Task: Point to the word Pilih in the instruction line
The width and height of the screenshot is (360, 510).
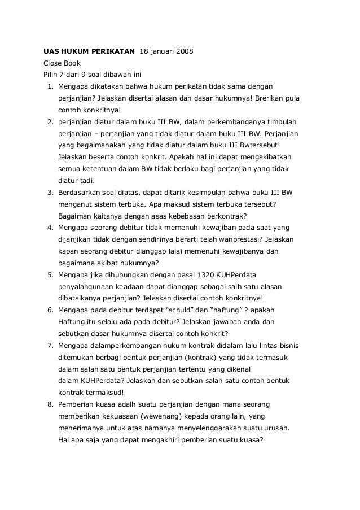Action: pos(52,75)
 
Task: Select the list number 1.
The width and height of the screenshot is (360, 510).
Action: pos(50,86)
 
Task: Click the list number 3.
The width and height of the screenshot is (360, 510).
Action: pos(50,193)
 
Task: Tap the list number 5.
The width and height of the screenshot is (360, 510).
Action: pos(50,275)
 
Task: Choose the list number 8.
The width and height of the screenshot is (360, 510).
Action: pos(50,405)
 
